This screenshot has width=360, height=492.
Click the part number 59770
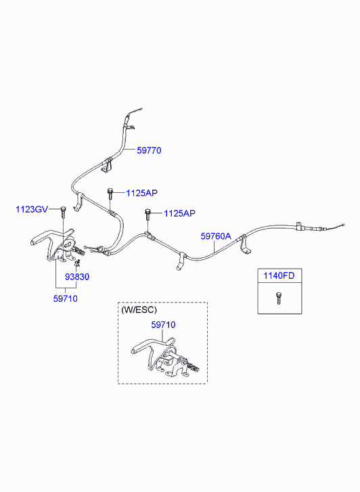149,150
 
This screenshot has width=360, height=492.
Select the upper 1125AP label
141,193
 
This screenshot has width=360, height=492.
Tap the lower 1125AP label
179,213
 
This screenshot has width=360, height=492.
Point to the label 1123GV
32,209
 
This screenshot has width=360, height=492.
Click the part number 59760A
216,236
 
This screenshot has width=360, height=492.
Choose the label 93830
77,277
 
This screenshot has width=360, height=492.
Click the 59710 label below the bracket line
65,298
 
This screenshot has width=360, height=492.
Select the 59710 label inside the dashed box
163,325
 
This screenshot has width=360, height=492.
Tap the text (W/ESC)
139,310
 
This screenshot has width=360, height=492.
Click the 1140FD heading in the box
279,276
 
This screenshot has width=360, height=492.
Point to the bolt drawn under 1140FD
277,298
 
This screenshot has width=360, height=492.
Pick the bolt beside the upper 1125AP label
110,194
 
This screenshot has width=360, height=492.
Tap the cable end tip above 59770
141,109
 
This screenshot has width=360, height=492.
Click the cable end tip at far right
344,225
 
